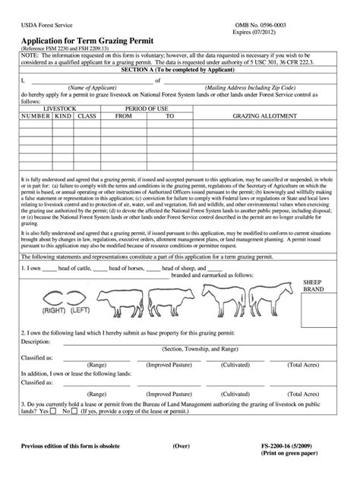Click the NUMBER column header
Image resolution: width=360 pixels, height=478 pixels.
36,138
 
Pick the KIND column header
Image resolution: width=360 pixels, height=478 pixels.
63,138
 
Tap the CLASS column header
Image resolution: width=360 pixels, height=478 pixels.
87,138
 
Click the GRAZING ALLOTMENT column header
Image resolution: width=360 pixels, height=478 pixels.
270,138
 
